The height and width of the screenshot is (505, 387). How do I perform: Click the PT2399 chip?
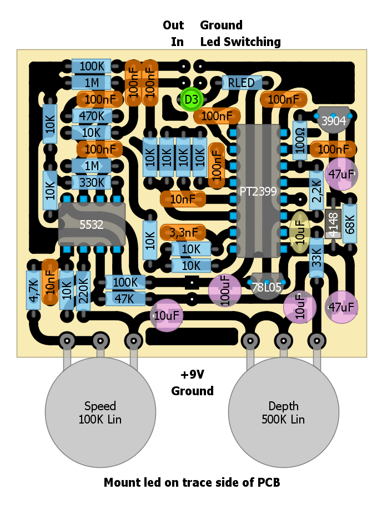pyautogui.click(x=259, y=191)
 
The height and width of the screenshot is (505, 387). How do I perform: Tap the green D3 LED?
pyautogui.click(x=192, y=100)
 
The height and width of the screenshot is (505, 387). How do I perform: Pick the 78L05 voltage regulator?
pyautogui.click(x=267, y=287)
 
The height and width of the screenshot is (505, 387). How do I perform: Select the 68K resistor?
pyautogui.click(x=349, y=223)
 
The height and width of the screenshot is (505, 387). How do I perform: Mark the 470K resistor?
pyautogui.click(x=92, y=116)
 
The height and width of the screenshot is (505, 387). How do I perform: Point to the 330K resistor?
pyautogui.click(x=92, y=182)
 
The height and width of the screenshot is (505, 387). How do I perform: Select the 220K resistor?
pyautogui.click(x=83, y=290)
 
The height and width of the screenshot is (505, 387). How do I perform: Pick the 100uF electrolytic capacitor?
pyautogui.click(x=225, y=290)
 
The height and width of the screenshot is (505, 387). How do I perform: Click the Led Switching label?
pyautogui.click(x=240, y=42)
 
